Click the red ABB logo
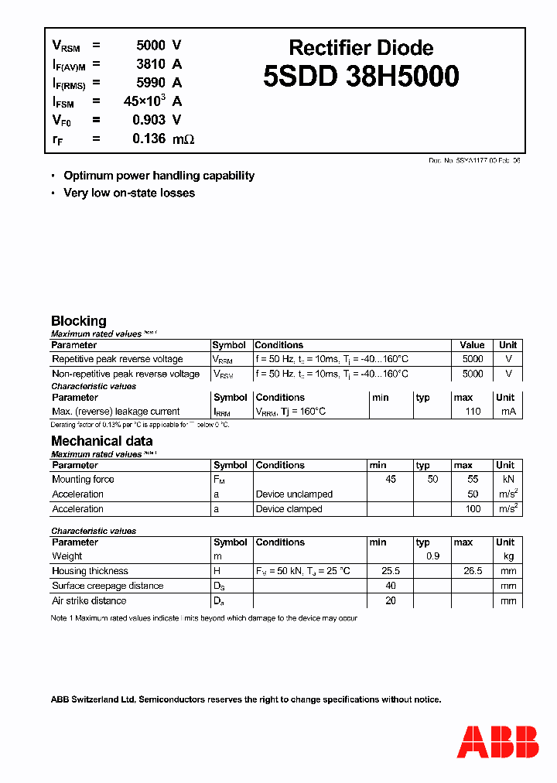point(498,742)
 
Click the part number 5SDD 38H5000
point(361,77)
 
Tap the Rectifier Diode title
point(361,48)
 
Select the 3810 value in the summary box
point(150,64)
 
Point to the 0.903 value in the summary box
point(150,120)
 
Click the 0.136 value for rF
point(149,138)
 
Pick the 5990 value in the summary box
point(150,83)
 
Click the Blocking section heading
point(78,320)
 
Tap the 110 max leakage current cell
point(473,412)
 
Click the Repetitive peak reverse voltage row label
point(118,359)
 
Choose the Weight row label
point(67,556)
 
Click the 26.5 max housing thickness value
point(473,571)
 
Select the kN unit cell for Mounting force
point(507,480)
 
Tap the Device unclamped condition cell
point(294,494)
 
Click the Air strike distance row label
point(89,600)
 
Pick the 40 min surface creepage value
point(390,586)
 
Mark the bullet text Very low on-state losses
point(129,193)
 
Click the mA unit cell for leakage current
point(507,412)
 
